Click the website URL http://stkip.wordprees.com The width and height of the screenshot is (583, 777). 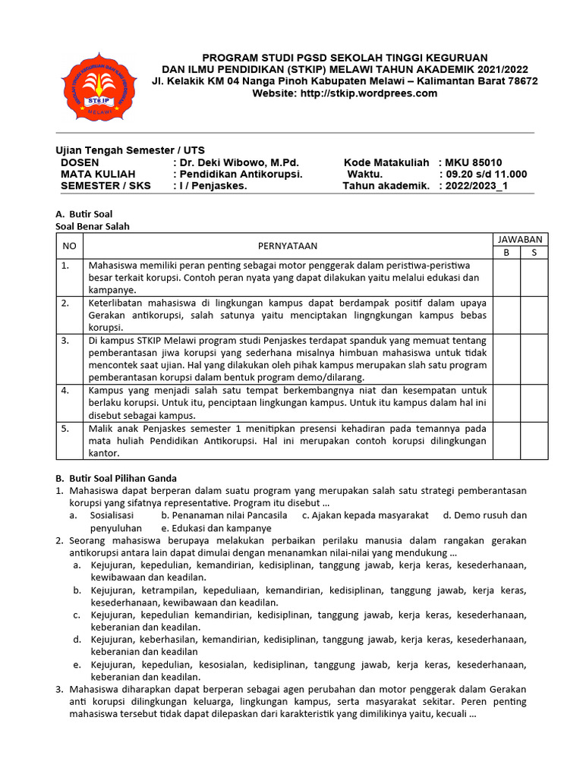point(345,93)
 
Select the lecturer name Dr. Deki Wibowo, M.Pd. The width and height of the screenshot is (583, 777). point(239,162)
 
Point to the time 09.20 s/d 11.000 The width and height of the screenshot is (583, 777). point(486,174)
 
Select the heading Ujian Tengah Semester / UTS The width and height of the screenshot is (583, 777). point(131,150)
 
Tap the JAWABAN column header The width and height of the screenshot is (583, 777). point(520,239)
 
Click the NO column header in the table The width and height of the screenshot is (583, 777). point(69,245)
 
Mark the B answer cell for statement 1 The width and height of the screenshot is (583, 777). point(506,277)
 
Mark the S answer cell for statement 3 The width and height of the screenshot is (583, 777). point(534,358)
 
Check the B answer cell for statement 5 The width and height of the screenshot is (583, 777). point(506,441)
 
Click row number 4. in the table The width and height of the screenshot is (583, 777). point(66,390)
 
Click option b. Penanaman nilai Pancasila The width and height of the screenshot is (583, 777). point(219,515)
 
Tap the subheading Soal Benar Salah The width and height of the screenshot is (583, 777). point(98,226)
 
